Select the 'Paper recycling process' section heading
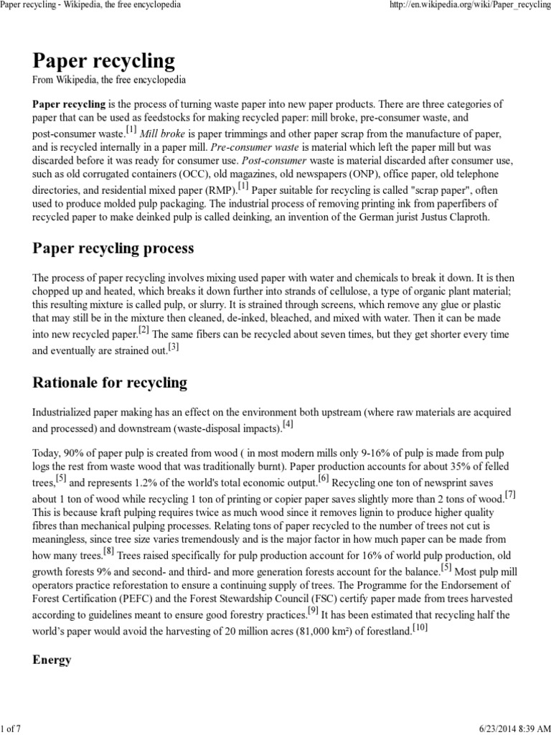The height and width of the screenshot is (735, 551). click(113, 248)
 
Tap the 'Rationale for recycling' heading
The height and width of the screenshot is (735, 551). click(110, 383)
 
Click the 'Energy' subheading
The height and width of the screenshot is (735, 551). click(52, 660)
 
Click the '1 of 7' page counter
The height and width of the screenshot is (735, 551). click(12, 729)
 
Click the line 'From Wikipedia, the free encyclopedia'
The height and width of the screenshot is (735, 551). click(109, 79)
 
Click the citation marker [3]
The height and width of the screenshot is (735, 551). click(173, 347)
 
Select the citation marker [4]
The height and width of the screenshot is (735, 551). click(288, 423)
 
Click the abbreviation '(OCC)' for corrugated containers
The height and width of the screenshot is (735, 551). click(163, 174)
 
